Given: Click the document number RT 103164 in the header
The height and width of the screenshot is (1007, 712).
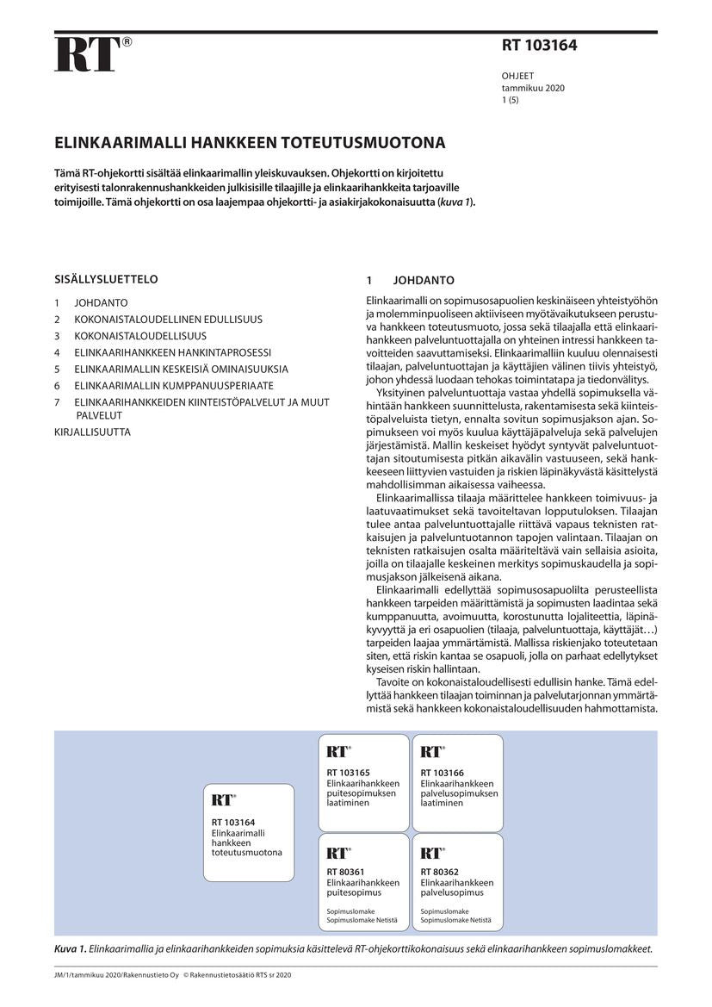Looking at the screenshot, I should (539, 47).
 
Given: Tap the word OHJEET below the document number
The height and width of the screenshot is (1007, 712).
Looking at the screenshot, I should (517, 76).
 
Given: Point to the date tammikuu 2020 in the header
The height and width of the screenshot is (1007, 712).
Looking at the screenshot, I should (533, 88).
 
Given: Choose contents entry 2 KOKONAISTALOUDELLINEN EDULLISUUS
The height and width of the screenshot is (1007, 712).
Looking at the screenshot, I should (168, 320).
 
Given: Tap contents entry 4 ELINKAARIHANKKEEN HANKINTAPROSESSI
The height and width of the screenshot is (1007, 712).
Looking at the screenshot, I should (172, 352).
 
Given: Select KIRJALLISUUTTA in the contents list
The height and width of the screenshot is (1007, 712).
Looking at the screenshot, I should (92, 432).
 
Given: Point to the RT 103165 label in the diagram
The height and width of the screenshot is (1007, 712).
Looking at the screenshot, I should (348, 774).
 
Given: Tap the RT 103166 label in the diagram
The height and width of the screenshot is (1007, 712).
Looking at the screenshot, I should (442, 774).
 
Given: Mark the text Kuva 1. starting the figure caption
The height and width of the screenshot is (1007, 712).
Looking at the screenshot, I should (71, 948).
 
